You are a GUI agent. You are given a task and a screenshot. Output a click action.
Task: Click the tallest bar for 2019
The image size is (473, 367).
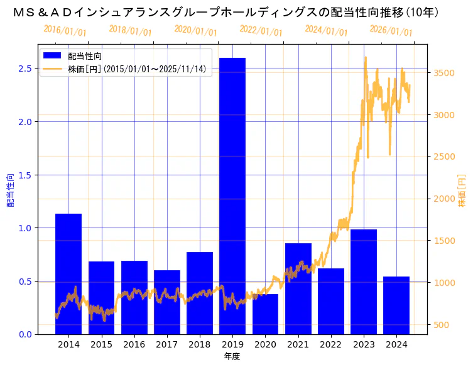(232, 195)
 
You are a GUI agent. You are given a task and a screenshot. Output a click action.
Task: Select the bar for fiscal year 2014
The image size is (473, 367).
(68, 273)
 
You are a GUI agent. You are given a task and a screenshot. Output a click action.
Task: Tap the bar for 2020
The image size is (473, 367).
(265, 314)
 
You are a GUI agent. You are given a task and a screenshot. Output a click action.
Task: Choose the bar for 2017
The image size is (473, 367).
(167, 302)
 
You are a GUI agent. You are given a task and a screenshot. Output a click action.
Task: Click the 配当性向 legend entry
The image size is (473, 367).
(85, 56)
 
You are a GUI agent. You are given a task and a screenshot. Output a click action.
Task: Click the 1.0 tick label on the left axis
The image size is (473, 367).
(24, 228)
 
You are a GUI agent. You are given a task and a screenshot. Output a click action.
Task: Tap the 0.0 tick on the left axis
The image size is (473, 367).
(24, 334)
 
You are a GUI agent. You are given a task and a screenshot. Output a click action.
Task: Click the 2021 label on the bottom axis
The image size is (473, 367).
(298, 345)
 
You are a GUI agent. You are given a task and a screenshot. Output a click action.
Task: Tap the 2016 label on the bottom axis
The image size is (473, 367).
(134, 345)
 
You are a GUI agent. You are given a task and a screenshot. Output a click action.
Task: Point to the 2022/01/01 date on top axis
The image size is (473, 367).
(261, 31)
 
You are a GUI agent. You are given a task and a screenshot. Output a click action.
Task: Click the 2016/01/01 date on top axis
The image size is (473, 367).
(65, 31)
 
